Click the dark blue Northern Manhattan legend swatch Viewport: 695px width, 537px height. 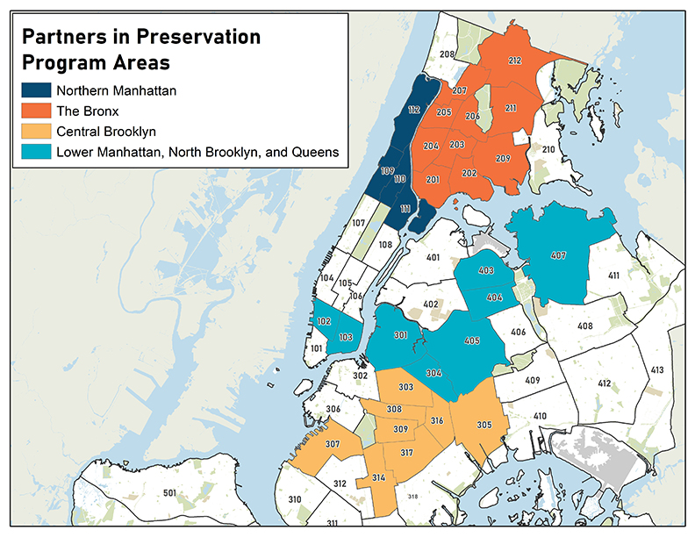(x=35, y=90)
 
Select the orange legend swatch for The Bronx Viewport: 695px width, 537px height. (x=35, y=111)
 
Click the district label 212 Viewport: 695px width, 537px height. (x=514, y=61)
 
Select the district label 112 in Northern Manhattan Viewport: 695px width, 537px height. (x=413, y=110)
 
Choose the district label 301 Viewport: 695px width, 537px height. (x=400, y=334)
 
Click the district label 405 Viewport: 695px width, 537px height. (x=472, y=340)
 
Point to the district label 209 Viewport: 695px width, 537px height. (x=503, y=159)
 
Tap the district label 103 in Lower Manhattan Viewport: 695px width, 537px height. (x=346, y=337)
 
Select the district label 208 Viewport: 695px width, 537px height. (x=447, y=54)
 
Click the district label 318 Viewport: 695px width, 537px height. (x=412, y=497)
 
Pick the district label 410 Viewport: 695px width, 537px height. (x=540, y=415)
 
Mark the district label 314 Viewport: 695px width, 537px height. (x=378, y=477)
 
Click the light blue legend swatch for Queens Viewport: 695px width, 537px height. (x=35, y=153)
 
